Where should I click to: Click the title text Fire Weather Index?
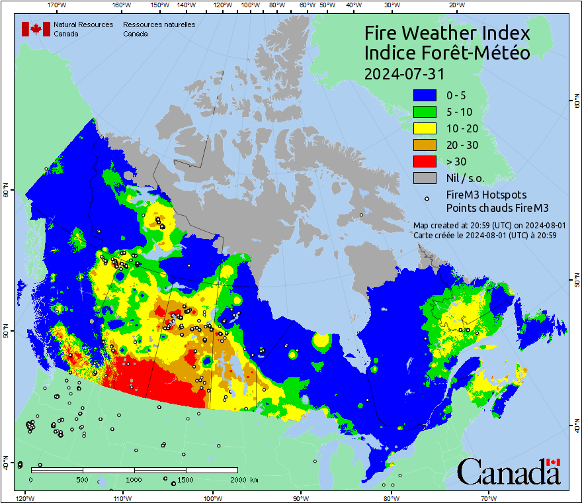(x=447, y=33)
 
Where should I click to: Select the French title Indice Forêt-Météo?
(x=447, y=53)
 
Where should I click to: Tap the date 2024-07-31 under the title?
(x=405, y=73)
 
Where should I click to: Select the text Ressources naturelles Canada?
(x=159, y=28)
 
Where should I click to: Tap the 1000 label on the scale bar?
(x=134, y=480)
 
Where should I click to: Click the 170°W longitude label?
(x=58, y=5)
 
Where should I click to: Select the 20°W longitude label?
(x=455, y=5)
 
